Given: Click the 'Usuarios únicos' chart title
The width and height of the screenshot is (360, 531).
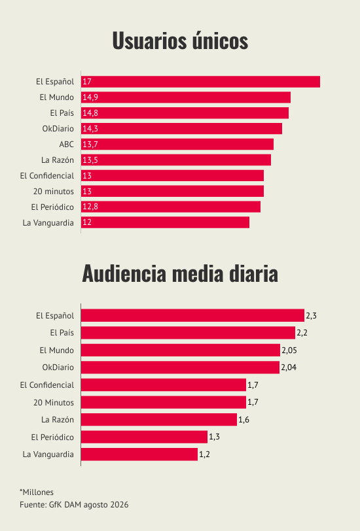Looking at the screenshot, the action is [180, 41].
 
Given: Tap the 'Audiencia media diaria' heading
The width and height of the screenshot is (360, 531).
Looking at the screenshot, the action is [180, 273].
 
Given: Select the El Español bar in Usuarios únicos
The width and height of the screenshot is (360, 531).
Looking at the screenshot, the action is [201, 82].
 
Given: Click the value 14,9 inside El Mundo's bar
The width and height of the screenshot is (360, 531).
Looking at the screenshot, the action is [90, 97].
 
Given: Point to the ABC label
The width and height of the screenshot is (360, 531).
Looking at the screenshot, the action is [67, 145].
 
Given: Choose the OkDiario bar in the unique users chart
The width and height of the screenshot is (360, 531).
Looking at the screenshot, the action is [182, 129].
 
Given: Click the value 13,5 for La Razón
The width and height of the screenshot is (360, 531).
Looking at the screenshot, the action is [90, 160].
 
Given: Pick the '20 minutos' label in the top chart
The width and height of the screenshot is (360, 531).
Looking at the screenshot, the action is [54, 192].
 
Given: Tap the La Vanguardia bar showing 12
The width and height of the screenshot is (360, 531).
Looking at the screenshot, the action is [166, 222].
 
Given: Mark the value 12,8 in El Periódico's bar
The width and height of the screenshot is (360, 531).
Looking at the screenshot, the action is [90, 207].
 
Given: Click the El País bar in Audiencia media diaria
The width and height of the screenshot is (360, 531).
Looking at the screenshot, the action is [188, 333].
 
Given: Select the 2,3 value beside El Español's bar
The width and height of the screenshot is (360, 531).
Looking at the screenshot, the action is [311, 316].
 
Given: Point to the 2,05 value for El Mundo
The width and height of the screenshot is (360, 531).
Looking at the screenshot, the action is [289, 351].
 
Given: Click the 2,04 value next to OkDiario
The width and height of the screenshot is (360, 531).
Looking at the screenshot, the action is [289, 368].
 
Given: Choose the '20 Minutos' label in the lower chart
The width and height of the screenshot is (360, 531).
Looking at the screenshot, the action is [54, 403].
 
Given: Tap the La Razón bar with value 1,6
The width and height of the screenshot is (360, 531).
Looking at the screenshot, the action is [159, 420].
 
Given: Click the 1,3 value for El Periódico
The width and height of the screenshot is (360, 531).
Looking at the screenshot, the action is [214, 437].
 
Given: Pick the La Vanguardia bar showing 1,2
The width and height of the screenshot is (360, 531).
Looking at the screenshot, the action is [139, 454].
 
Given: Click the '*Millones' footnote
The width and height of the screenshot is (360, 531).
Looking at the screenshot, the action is [37, 492].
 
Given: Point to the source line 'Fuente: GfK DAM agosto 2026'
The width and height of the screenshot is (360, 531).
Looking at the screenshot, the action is [74, 505].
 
